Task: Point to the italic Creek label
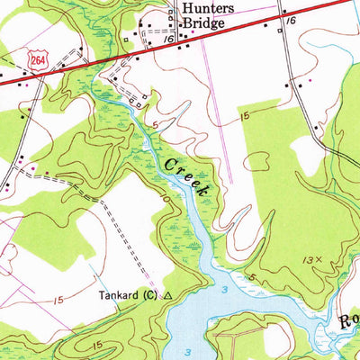pyautogui.click(x=188, y=173)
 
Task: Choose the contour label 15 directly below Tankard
pyautogui.click(x=96, y=343)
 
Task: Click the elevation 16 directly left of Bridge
pyautogui.click(x=170, y=40)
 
